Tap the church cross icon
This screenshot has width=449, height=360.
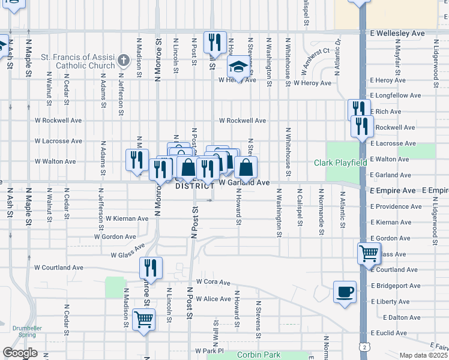pyautogui.click(x=123, y=61)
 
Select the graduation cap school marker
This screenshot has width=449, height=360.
pyautogui.click(x=238, y=67)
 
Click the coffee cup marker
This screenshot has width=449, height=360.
pyautogui.click(x=345, y=292)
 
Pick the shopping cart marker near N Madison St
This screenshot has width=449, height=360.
pyautogui.click(x=144, y=319)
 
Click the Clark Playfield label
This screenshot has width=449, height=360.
pyautogui.click(x=340, y=163)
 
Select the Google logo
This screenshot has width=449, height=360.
pyautogui.click(x=20, y=353)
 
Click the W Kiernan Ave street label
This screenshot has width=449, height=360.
pyautogui.click(x=127, y=219)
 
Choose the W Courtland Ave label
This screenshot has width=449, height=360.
pyautogui.click(x=59, y=267)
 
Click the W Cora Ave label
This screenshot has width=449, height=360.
pyautogui.click(x=213, y=282)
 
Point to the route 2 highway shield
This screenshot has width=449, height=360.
pyautogui.click(x=365, y=346)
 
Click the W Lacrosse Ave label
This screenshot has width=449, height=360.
pyautogui.click(x=58, y=142)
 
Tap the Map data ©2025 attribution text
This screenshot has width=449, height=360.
pyautogui.click(x=424, y=355)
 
